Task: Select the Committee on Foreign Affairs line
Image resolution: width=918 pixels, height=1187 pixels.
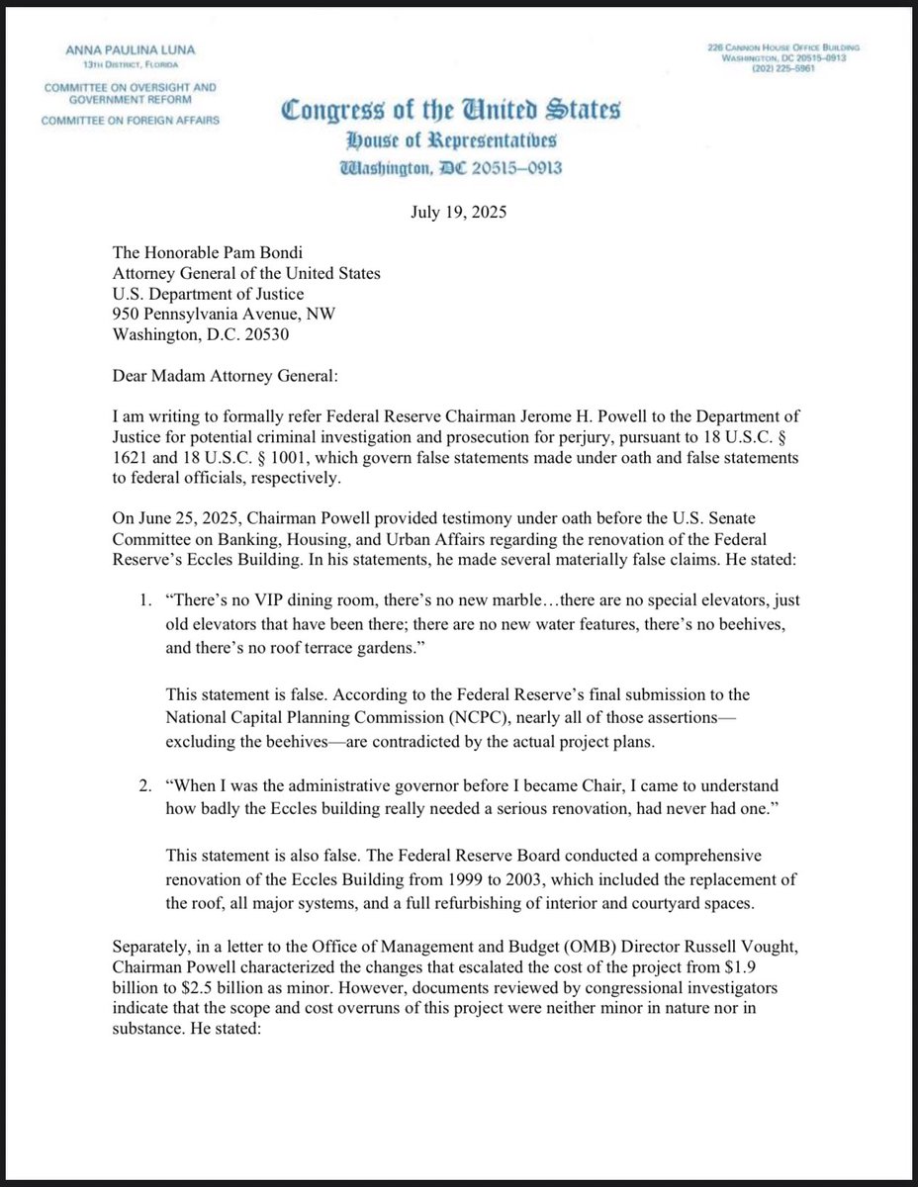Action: coord(130,121)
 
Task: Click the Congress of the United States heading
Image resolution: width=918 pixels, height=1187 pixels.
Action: coord(451,111)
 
